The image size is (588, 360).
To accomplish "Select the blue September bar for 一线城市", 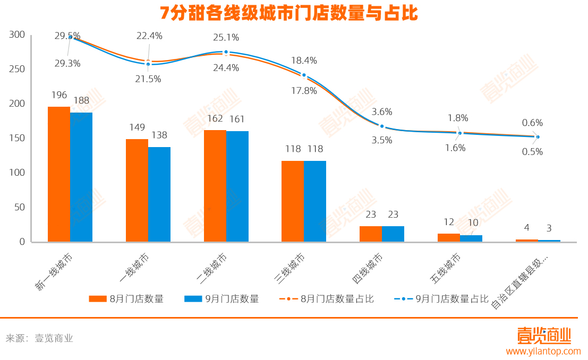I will click(159, 194).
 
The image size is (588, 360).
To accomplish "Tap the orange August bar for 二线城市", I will click(215, 186).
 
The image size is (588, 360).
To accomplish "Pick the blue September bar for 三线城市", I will click(315, 201).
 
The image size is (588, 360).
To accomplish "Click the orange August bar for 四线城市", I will click(371, 234).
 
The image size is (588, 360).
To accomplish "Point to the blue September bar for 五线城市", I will click(471, 238).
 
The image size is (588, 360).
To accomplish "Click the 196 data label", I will click(59, 96).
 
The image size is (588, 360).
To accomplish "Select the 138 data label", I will click(160, 135).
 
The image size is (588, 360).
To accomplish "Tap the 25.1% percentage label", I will click(226, 38).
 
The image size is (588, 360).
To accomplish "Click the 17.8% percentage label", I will click(303, 91).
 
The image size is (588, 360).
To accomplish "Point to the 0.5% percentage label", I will click(532, 151).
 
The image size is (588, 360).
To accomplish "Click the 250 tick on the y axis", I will click(18, 69).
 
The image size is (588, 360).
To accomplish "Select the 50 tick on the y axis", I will click(20, 207).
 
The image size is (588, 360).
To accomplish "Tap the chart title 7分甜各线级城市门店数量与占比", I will click(289, 13).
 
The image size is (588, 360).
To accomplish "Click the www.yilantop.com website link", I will click(543, 351).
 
